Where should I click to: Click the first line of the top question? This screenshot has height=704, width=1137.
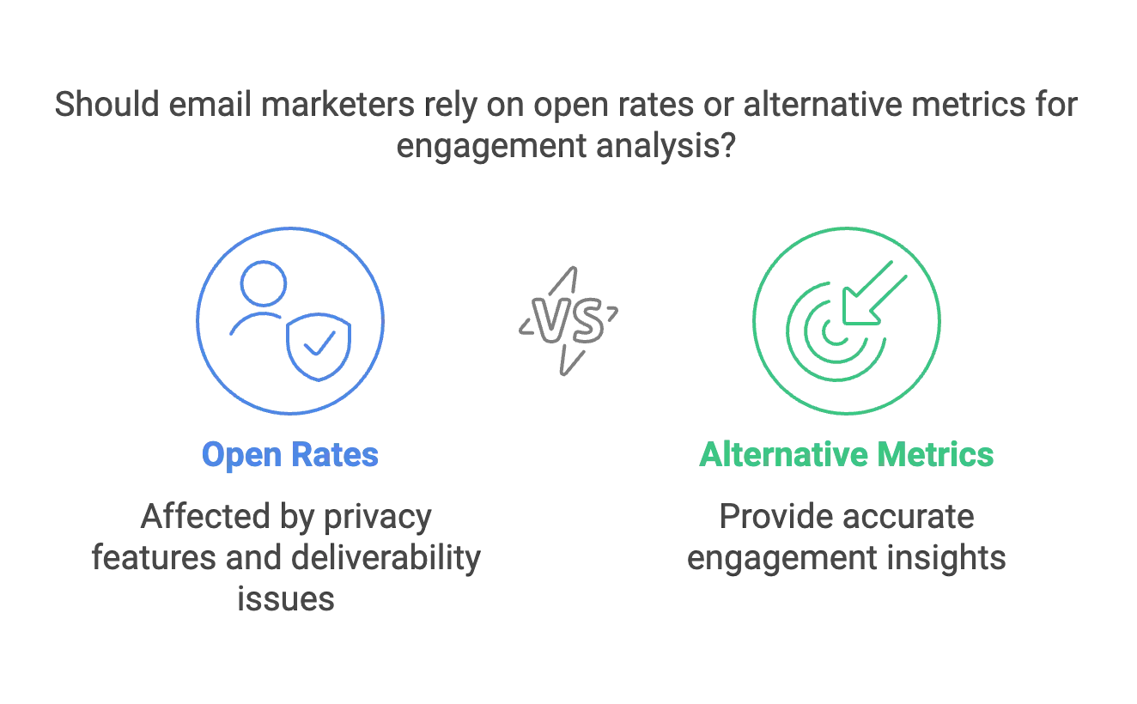[x=567, y=106]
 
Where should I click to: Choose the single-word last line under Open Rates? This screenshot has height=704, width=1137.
[x=285, y=598]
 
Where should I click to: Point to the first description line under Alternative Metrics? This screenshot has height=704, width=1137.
[x=847, y=518]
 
